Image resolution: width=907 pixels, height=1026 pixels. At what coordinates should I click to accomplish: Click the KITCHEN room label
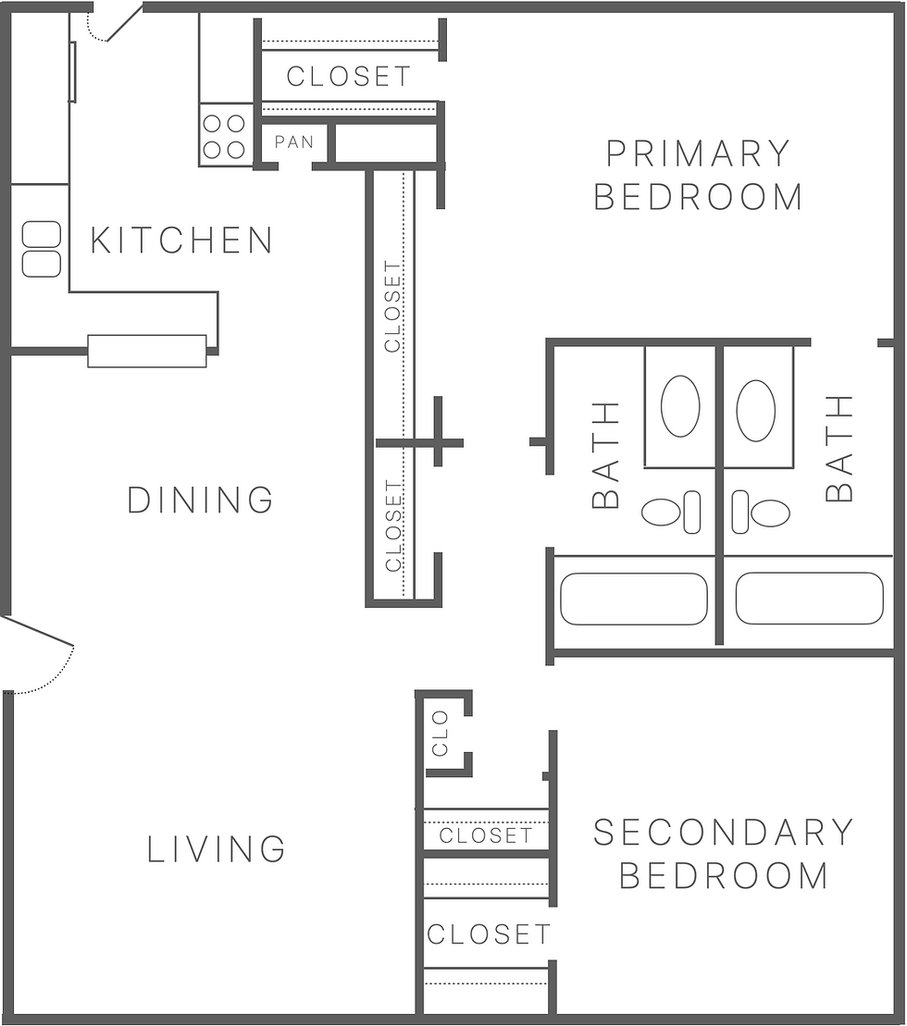click(x=181, y=241)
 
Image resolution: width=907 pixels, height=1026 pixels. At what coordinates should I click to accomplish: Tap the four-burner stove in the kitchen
click(x=225, y=136)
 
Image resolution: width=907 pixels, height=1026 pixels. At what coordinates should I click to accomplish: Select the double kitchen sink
click(x=42, y=249)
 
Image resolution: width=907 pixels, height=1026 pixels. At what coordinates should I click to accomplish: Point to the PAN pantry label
click(x=294, y=142)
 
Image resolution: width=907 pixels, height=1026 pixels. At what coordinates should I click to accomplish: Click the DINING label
click(x=200, y=501)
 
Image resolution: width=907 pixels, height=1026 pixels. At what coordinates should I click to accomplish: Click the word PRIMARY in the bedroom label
click(x=698, y=153)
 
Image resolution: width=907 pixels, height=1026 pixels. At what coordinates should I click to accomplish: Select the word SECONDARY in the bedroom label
click(x=723, y=833)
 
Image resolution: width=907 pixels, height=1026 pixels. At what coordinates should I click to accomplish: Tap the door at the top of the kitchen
click(x=120, y=24)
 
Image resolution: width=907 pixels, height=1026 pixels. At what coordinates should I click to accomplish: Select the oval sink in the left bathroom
click(x=680, y=406)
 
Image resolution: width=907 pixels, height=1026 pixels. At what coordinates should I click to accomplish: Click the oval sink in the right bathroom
click(x=755, y=410)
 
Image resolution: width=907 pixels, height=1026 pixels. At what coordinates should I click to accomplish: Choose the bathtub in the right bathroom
click(x=809, y=599)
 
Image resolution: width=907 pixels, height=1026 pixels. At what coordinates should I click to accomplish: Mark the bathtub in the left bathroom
click(x=634, y=599)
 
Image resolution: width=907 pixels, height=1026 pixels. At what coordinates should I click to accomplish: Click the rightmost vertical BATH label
click(x=839, y=449)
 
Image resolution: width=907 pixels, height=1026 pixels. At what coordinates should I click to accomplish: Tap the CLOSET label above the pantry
click(x=348, y=76)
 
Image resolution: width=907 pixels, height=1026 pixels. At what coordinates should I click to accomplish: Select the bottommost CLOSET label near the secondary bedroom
click(x=489, y=934)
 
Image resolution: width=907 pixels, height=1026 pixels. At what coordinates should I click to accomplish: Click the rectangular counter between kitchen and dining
click(x=147, y=351)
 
